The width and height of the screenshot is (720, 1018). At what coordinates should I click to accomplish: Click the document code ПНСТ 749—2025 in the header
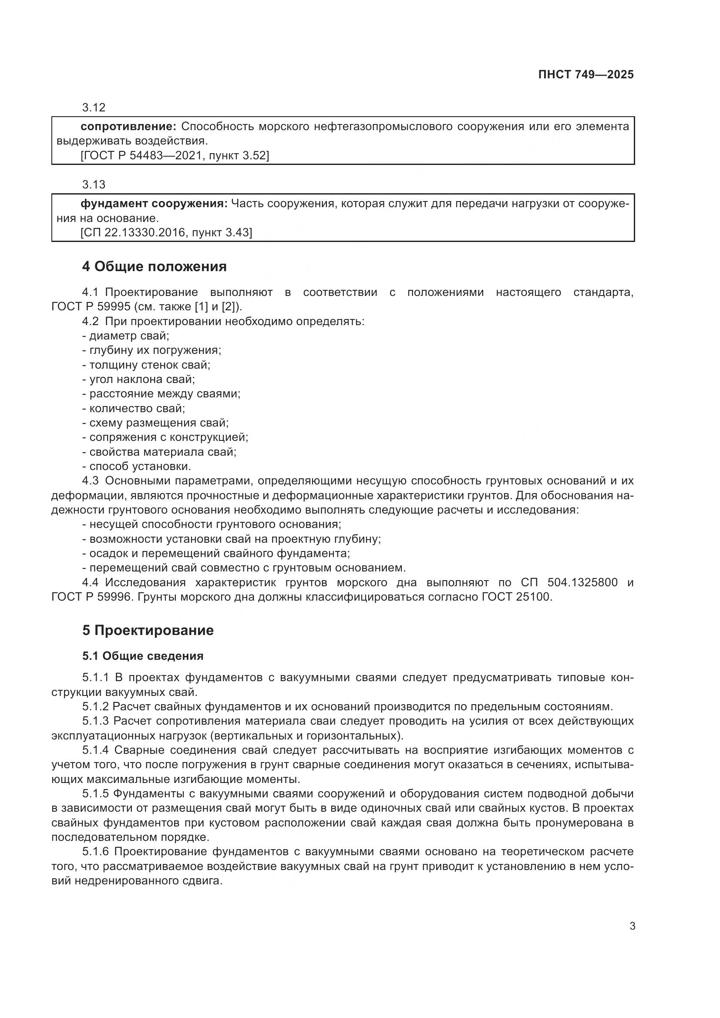tap(585, 74)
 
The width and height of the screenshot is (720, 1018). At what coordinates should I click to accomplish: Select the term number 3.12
tap(94, 108)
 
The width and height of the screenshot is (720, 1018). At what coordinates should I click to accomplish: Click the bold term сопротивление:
tap(128, 127)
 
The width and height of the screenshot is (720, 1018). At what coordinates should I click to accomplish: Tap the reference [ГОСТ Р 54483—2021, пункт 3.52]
tap(175, 156)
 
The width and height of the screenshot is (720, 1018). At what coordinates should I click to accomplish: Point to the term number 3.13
tap(94, 185)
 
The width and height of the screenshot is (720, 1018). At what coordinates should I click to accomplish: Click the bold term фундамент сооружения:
tap(154, 204)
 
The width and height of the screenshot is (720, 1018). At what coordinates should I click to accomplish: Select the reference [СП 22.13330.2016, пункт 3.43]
tap(166, 232)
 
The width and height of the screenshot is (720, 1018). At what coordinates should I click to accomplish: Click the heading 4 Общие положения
tap(154, 266)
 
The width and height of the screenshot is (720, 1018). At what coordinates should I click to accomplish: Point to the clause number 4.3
tap(90, 481)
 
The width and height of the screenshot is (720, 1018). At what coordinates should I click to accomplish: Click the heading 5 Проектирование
tap(148, 630)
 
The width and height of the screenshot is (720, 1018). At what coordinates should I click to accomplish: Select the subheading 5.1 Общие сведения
tap(143, 656)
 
